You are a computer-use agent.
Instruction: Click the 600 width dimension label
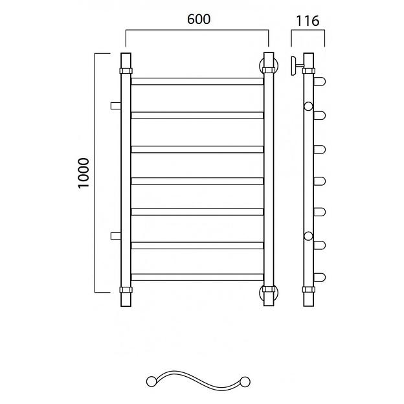(x=199, y=19)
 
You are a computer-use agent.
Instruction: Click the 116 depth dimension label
(x=308, y=21)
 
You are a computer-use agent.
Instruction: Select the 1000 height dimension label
(x=84, y=174)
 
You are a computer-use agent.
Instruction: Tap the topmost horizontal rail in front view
(x=197, y=82)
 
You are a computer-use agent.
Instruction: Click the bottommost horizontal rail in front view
(x=197, y=277)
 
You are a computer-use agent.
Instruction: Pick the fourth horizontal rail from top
(x=197, y=181)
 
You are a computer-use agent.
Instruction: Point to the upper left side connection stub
(x=116, y=106)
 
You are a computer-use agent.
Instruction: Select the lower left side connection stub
(x=116, y=236)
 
